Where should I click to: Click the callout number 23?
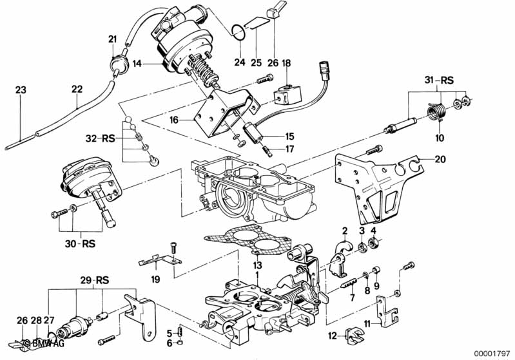point(20,91)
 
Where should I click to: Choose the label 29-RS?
point(94,280)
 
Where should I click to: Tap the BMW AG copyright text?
point(43,343)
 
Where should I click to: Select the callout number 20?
point(440,159)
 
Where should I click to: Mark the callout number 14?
point(137,64)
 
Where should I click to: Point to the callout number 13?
point(257,265)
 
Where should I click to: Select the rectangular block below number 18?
point(284,95)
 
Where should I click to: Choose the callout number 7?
point(353,299)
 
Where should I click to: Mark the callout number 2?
point(345,231)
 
